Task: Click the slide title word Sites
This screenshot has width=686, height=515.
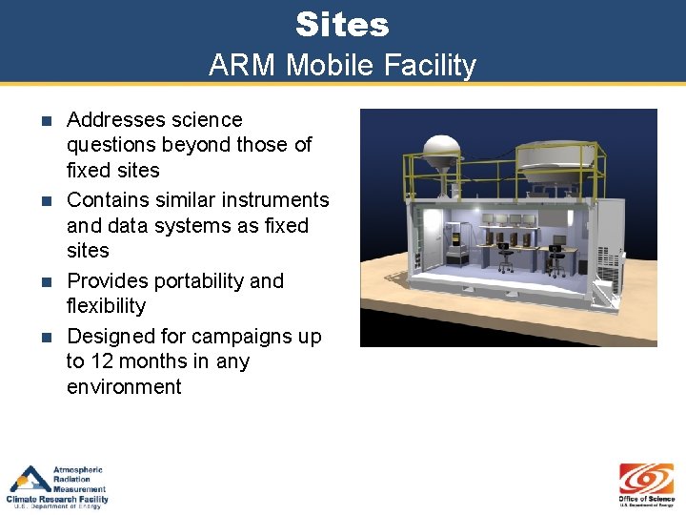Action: [x=342, y=24]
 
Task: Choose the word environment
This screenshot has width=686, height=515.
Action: [x=124, y=387]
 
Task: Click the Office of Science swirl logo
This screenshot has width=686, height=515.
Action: [x=646, y=478]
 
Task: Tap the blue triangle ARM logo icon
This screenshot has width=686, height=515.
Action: [x=30, y=479]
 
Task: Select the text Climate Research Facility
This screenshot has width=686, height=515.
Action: [x=57, y=499]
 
